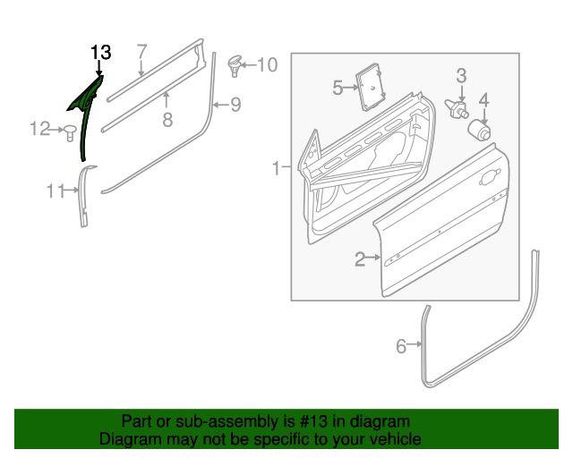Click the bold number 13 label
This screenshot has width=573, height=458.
pos(100,52)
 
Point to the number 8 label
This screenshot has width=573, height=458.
pos(167,118)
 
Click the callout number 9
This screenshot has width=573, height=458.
pos(235,105)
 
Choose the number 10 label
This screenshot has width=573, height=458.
pos(267,64)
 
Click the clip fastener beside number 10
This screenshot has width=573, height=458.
pos(235,63)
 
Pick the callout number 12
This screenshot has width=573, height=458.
pos(39,130)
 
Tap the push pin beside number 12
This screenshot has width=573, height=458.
pos(68,131)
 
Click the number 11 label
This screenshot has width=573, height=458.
pos(56,190)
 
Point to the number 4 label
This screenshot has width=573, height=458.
pos(483,99)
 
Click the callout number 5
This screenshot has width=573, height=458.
pos(338,87)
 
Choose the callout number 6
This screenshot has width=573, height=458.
pos(401,345)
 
